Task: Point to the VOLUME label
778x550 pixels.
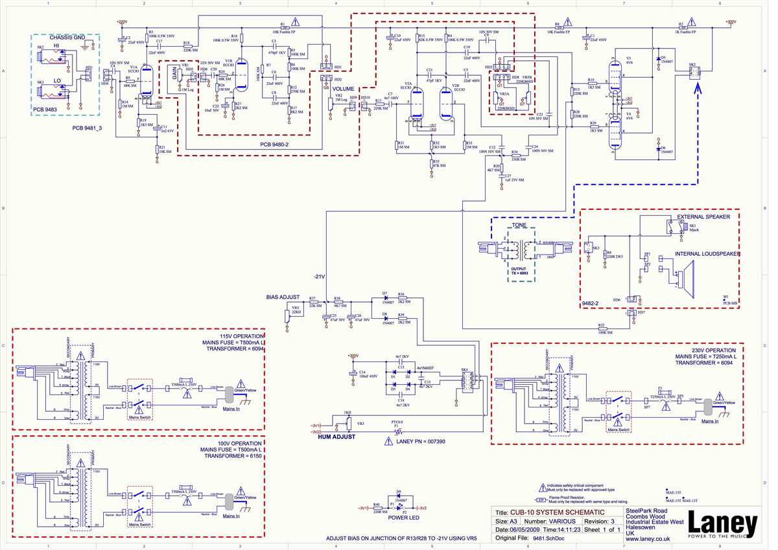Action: pos(344,89)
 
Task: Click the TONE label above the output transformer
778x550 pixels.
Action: pos(519,226)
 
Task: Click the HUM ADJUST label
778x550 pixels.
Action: pos(336,437)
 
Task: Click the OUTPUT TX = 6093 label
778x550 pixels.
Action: pos(519,271)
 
